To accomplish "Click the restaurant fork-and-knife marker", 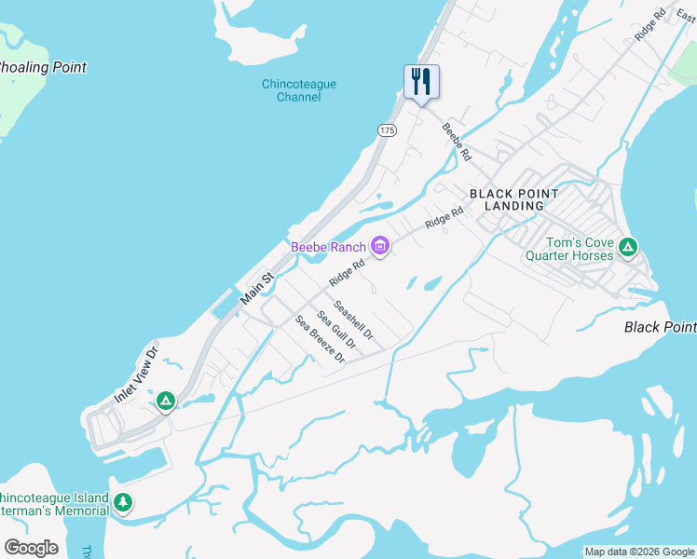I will tap(421, 82).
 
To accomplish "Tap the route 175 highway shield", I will tap(388, 130).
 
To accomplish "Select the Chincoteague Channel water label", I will tap(298, 90).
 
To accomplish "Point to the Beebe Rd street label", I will tap(457, 142).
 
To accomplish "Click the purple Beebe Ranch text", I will tap(328, 247).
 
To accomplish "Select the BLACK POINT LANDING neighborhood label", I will tap(514, 199).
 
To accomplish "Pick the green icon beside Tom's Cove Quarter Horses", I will tap(629, 248).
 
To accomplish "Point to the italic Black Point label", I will tap(660, 327).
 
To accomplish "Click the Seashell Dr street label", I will tap(353, 320).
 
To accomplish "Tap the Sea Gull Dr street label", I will tap(336, 329).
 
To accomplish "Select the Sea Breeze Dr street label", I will tap(320, 339).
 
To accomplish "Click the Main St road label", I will tap(257, 288).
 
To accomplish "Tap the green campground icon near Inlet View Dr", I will tap(166, 402).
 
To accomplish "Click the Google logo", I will tap(31, 548).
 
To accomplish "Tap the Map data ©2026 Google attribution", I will tap(639, 552).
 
